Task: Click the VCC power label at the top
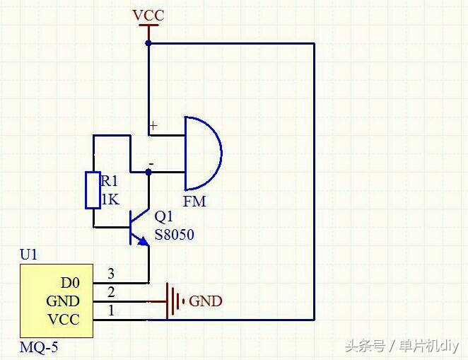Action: click(x=148, y=15)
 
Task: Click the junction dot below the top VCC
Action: click(x=148, y=43)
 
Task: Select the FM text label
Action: click(x=194, y=202)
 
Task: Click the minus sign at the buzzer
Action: click(x=150, y=164)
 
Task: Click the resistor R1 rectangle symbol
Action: click(x=93, y=190)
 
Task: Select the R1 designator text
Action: click(x=110, y=182)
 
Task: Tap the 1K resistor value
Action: click(x=110, y=199)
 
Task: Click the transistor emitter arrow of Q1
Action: click(x=144, y=241)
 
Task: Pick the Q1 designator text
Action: click(x=163, y=217)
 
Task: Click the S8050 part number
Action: click(x=174, y=234)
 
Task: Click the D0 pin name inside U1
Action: click(x=70, y=283)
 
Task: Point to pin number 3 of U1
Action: click(x=110, y=274)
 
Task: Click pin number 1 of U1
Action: click(x=110, y=310)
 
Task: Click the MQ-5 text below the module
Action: click(x=39, y=348)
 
